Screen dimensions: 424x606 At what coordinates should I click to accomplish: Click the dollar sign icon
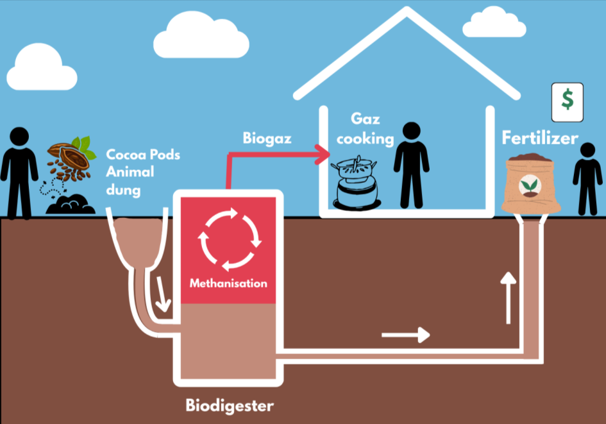coord(567,101)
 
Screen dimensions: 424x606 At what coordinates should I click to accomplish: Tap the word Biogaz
coord(264,138)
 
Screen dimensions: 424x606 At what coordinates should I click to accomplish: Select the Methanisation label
coord(228,283)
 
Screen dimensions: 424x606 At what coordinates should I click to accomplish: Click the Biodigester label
coord(230,405)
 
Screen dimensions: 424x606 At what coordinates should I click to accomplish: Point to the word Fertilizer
coord(539,138)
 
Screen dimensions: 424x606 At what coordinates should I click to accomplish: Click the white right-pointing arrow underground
coord(406,334)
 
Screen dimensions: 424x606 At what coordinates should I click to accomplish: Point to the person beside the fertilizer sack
coord(587,178)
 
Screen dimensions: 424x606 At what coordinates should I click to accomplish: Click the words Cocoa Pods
coord(143,155)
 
